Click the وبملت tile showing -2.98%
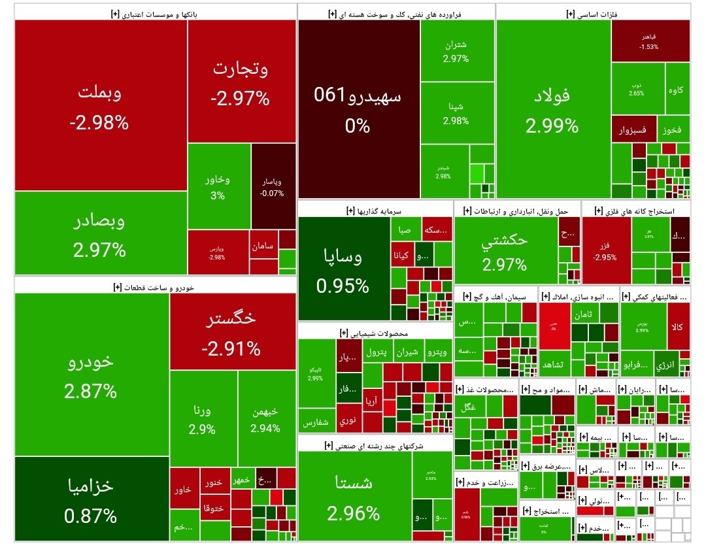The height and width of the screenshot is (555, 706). (101, 105)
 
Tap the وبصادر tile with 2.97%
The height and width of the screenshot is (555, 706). (101, 233)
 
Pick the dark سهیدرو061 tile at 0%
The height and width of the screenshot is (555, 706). (358, 109)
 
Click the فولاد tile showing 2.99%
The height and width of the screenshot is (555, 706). (552, 109)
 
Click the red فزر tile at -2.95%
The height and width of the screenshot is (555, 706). (605, 252)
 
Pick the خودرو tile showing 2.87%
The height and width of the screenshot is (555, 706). (91, 375)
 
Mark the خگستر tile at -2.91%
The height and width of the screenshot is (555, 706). (231, 332)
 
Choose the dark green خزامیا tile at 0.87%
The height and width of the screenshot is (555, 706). (91, 499)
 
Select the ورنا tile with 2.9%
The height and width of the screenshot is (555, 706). (203, 418)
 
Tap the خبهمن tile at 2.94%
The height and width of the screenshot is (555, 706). (265, 418)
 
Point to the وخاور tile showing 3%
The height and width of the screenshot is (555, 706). (218, 186)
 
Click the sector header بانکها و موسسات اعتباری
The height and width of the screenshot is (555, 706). (155, 12)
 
